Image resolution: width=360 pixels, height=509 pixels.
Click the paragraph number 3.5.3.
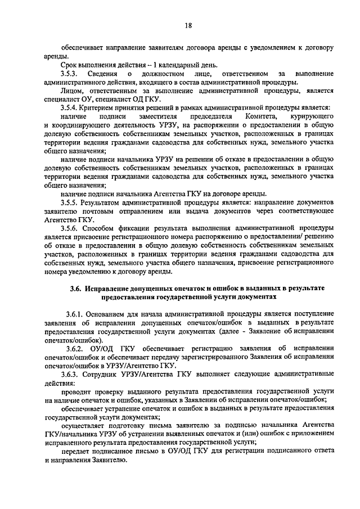[70, 74]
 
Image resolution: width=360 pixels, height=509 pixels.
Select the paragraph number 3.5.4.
[70, 107]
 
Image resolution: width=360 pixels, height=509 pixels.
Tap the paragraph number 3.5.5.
[70, 201]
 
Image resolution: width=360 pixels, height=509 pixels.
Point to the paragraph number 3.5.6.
[70, 229]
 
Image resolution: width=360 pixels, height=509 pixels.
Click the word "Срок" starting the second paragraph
[70, 65]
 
